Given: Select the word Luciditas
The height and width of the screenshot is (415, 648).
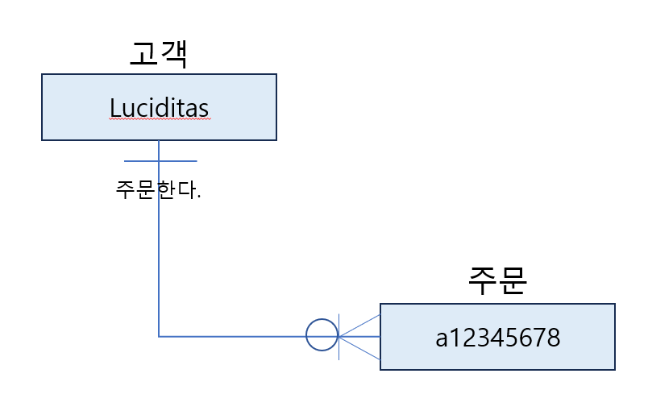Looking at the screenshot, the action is tap(159, 107).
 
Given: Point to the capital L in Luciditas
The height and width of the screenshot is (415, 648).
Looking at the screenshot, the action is tap(114, 107).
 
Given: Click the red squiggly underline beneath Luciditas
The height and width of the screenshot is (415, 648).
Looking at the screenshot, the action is tap(159, 119).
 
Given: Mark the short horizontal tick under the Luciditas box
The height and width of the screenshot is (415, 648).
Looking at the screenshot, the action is tap(137, 161).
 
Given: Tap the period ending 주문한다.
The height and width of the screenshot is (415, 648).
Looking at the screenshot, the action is tap(198, 197).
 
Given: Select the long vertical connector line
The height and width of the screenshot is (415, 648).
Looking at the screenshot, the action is tap(159, 258).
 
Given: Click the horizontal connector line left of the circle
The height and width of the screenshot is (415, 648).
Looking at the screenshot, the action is tap(234, 336).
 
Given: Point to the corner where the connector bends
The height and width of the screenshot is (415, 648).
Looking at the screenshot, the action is tap(159, 336).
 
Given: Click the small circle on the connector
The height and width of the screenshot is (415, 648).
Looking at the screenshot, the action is tap(322, 335).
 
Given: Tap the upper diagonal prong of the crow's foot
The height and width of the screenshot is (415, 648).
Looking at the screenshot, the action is tap(360, 325).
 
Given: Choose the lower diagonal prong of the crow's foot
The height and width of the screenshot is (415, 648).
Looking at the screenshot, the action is tap(360, 347).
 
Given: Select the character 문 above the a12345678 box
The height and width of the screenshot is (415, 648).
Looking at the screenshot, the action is tap(513, 283).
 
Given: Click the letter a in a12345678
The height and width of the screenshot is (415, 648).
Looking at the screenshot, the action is tap(442, 337).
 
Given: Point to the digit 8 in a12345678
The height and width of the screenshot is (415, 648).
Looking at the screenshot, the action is tap(552, 337).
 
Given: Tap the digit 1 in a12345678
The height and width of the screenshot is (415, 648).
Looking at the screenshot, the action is tap(455, 337).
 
